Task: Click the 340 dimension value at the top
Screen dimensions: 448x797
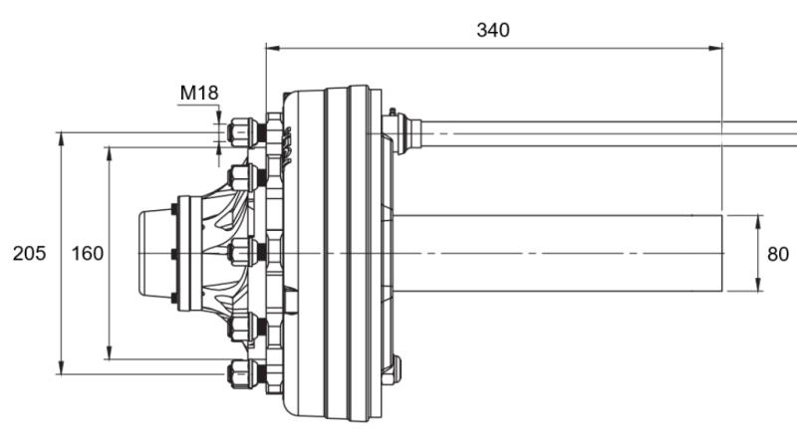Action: pyautogui.click(x=492, y=30)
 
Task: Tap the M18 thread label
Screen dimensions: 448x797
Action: pyautogui.click(x=198, y=94)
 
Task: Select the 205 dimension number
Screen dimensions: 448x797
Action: pyautogui.click(x=29, y=254)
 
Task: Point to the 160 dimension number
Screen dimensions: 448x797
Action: pyautogui.click(x=88, y=254)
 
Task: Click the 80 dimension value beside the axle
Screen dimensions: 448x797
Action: pyautogui.click(x=778, y=254)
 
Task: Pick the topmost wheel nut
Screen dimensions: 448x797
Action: pyautogui.click(x=241, y=131)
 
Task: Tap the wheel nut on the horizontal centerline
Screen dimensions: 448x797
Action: pyautogui.click(x=241, y=253)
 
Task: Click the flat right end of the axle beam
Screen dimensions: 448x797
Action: pyautogui.click(x=722, y=253)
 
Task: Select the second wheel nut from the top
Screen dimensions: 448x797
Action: pyautogui.click(x=241, y=177)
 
